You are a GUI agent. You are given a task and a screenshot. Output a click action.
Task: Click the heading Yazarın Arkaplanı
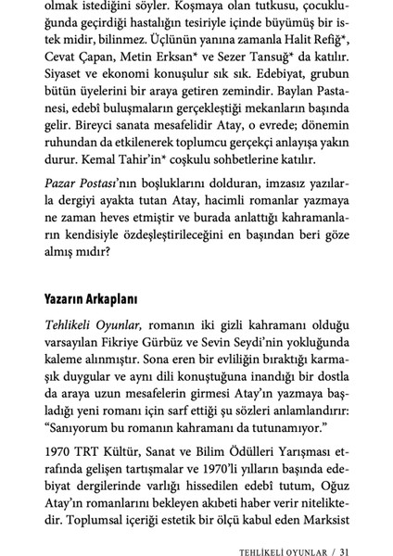pos(92,299)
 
